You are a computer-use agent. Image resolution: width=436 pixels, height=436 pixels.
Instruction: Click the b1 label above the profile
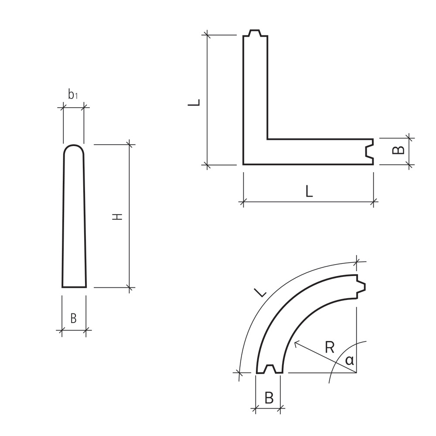[x=73, y=95]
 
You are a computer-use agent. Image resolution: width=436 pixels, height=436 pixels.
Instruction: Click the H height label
[x=118, y=217]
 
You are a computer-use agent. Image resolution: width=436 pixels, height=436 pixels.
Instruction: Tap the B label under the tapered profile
[x=73, y=319]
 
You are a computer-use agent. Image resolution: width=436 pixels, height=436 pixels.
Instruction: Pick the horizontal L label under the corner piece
[x=309, y=191]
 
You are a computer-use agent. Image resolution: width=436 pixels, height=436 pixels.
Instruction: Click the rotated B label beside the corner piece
[x=398, y=150]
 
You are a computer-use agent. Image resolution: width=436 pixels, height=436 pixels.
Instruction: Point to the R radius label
[x=330, y=347]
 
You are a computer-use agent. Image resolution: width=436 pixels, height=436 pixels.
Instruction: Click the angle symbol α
[x=349, y=361]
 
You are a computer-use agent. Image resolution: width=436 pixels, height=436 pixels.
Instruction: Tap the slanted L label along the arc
[x=260, y=293]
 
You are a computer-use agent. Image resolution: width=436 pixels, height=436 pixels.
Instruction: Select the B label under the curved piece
[x=269, y=398]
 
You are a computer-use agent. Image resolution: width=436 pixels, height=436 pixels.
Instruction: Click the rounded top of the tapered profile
[x=74, y=146]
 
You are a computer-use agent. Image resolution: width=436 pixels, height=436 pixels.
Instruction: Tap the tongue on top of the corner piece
[x=255, y=33]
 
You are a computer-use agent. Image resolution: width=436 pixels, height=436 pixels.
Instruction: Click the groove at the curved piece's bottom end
[x=269, y=368]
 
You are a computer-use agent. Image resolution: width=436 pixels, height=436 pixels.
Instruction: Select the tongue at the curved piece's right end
[x=361, y=286]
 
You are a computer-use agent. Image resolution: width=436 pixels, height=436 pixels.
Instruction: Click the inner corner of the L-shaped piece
[x=267, y=139]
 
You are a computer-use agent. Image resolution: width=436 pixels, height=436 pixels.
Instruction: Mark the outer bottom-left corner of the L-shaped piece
[x=243, y=164]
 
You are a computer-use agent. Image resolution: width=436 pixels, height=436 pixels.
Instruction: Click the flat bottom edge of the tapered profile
[x=74, y=287]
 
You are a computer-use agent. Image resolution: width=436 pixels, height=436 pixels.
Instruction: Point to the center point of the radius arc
[x=357, y=373]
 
